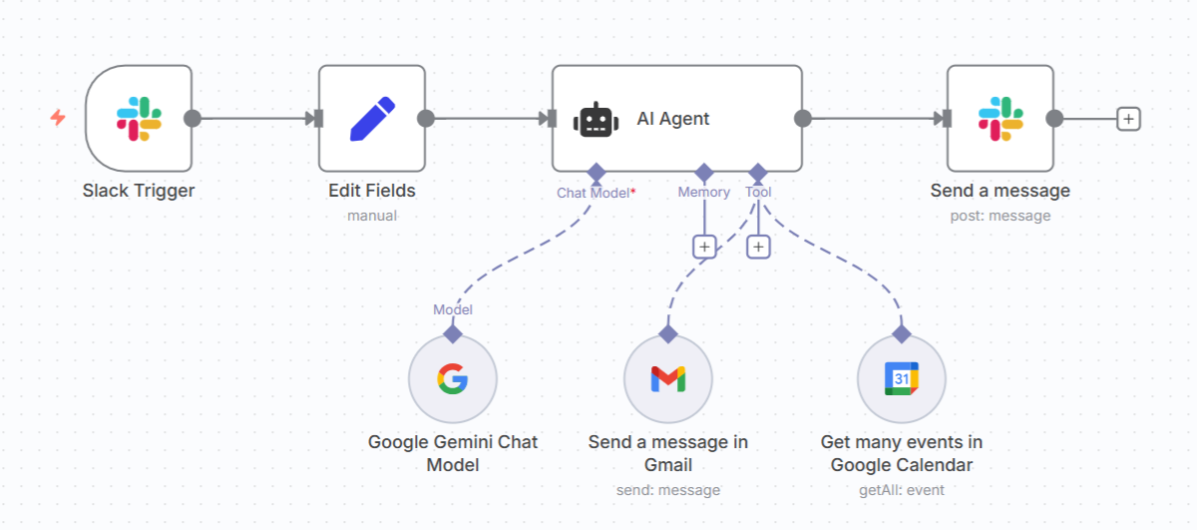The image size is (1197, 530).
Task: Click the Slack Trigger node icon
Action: tap(139, 119)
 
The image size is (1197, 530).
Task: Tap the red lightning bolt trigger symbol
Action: tap(58, 118)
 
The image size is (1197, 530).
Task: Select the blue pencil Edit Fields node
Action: tap(372, 119)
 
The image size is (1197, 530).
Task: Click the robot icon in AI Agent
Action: tap(596, 120)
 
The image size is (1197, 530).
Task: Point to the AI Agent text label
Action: tap(673, 119)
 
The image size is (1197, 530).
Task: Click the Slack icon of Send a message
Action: tap(999, 119)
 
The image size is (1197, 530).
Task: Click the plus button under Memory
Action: tap(704, 246)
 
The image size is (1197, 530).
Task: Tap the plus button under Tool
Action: tap(758, 246)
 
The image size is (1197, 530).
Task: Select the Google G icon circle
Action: tap(452, 378)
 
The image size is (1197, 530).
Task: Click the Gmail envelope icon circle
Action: tap(667, 378)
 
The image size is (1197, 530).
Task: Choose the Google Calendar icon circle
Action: tap(901, 378)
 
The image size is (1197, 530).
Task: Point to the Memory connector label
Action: tap(704, 193)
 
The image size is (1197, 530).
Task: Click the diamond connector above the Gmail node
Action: tap(667, 333)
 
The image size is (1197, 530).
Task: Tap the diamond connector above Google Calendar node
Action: tap(901, 333)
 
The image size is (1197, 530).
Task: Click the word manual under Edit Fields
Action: tap(372, 216)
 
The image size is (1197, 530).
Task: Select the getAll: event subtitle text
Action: tap(901, 490)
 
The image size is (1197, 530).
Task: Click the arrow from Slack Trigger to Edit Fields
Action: tap(259, 119)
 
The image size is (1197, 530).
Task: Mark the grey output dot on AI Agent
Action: tap(803, 119)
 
